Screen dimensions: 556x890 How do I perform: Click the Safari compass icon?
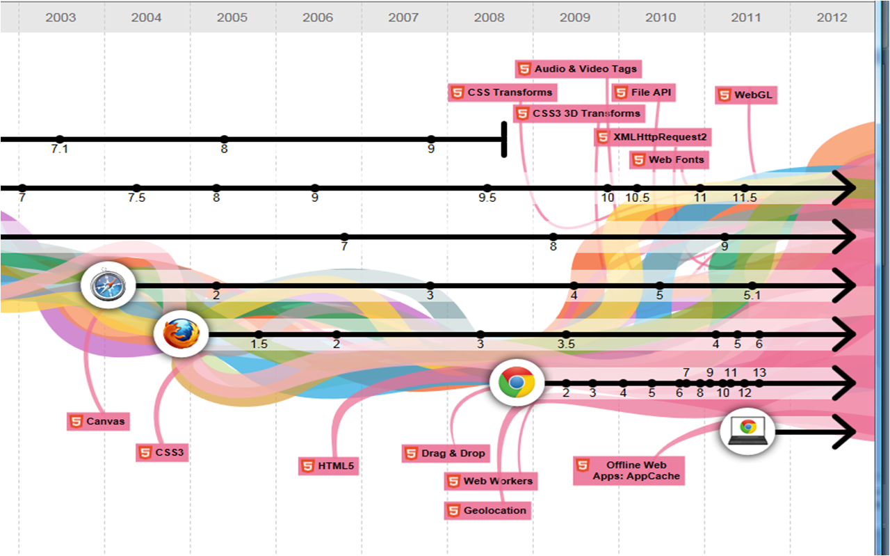tap(107, 286)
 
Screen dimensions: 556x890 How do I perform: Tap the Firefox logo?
tap(181, 335)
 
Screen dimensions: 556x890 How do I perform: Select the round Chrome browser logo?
tap(516, 382)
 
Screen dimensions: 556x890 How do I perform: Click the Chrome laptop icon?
tap(747, 431)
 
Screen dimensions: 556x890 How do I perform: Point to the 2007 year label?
tap(403, 17)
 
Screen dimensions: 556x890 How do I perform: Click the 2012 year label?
tap(832, 17)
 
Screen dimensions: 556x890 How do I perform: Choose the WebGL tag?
tap(746, 95)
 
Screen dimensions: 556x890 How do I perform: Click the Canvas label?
tap(98, 421)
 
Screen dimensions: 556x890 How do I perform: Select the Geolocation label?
tap(487, 510)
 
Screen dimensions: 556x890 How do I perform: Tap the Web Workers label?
tap(490, 481)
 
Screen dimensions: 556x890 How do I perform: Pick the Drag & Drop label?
tap(446, 454)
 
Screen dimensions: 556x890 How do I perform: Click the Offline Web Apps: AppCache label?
tap(629, 470)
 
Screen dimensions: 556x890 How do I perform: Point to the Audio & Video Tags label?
tap(577, 69)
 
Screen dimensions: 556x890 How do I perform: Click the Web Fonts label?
tap(669, 160)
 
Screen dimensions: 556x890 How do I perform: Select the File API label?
tap(643, 93)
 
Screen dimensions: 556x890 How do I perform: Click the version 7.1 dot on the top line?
tap(60, 139)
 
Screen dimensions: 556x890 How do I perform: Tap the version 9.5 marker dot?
tap(487, 188)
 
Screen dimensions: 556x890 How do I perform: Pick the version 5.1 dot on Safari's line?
tap(752, 285)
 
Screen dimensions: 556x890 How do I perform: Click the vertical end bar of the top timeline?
tap(504, 139)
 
